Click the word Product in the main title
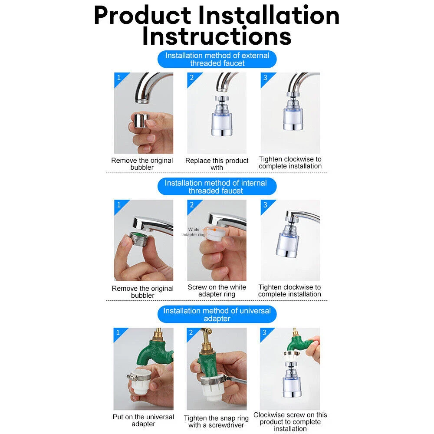click(142, 16)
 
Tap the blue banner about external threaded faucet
click(217, 59)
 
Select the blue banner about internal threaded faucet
click(217, 187)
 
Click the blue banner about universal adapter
click(217, 314)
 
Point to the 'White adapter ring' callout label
click(194, 232)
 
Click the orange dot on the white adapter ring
click(214, 230)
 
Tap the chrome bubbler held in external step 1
click(141, 120)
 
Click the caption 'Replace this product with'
click(217, 164)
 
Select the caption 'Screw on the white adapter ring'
click(217, 291)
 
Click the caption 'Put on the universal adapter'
click(143, 420)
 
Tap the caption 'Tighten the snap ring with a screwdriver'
click(216, 421)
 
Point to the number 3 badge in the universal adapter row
click(265, 332)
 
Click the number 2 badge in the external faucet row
click(192, 78)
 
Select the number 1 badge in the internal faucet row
click(119, 205)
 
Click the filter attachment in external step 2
click(221, 116)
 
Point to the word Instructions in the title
click(217, 36)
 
